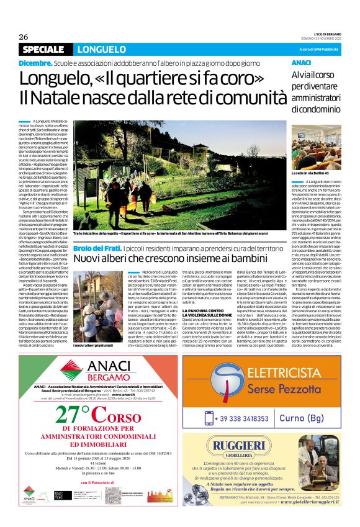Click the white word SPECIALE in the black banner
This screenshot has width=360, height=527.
42,49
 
